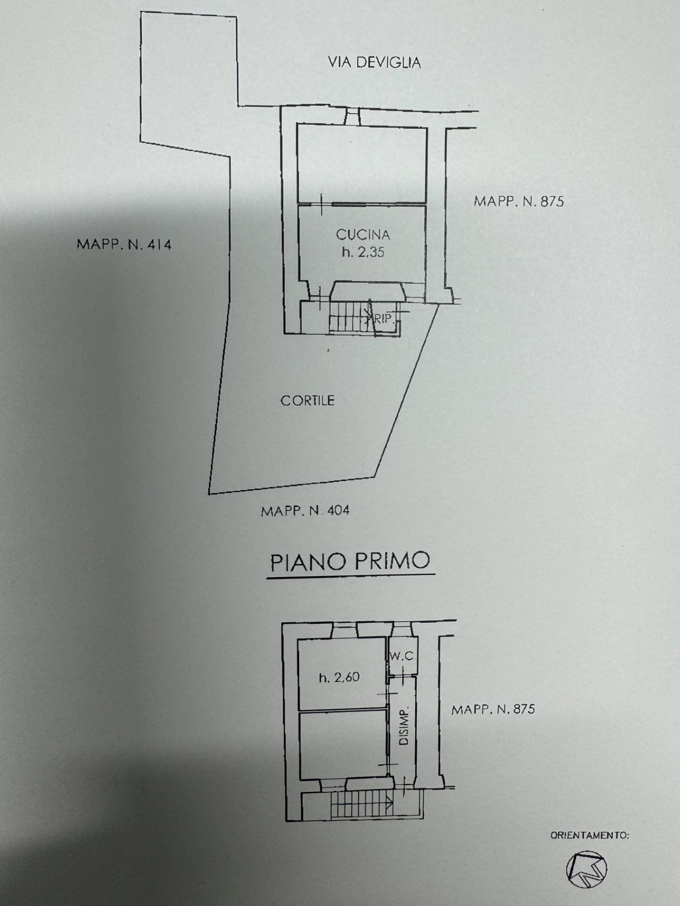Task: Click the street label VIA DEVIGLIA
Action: [374, 62]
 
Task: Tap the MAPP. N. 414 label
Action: [124, 244]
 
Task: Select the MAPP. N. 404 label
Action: [305, 511]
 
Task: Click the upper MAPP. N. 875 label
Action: [518, 201]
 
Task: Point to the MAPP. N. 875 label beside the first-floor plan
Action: [493, 709]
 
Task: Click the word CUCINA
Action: [363, 235]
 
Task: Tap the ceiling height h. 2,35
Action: [363, 252]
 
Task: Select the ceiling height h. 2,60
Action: [339, 678]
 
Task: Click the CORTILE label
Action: [307, 401]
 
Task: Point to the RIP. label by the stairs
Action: [383, 319]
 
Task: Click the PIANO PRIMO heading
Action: [350, 562]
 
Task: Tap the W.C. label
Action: [402, 656]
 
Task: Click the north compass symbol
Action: [586, 869]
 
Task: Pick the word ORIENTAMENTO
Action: [589, 835]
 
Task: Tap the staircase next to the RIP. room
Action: [348, 317]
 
